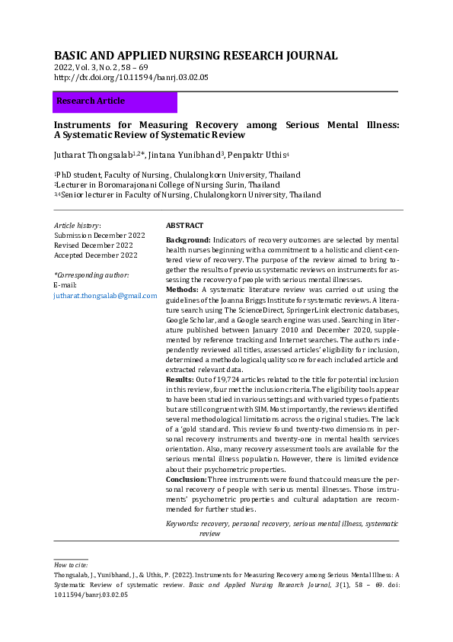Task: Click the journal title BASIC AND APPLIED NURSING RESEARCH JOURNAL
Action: pos(196,56)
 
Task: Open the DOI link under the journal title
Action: pos(131,78)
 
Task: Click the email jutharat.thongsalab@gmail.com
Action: pos(99,295)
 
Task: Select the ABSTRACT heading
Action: pos(184,226)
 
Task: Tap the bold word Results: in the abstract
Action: pos(181,379)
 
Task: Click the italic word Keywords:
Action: pos(183,525)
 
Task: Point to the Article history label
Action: pos(77,226)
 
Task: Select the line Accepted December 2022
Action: pos(95,255)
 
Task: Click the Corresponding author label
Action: pos(91,274)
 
